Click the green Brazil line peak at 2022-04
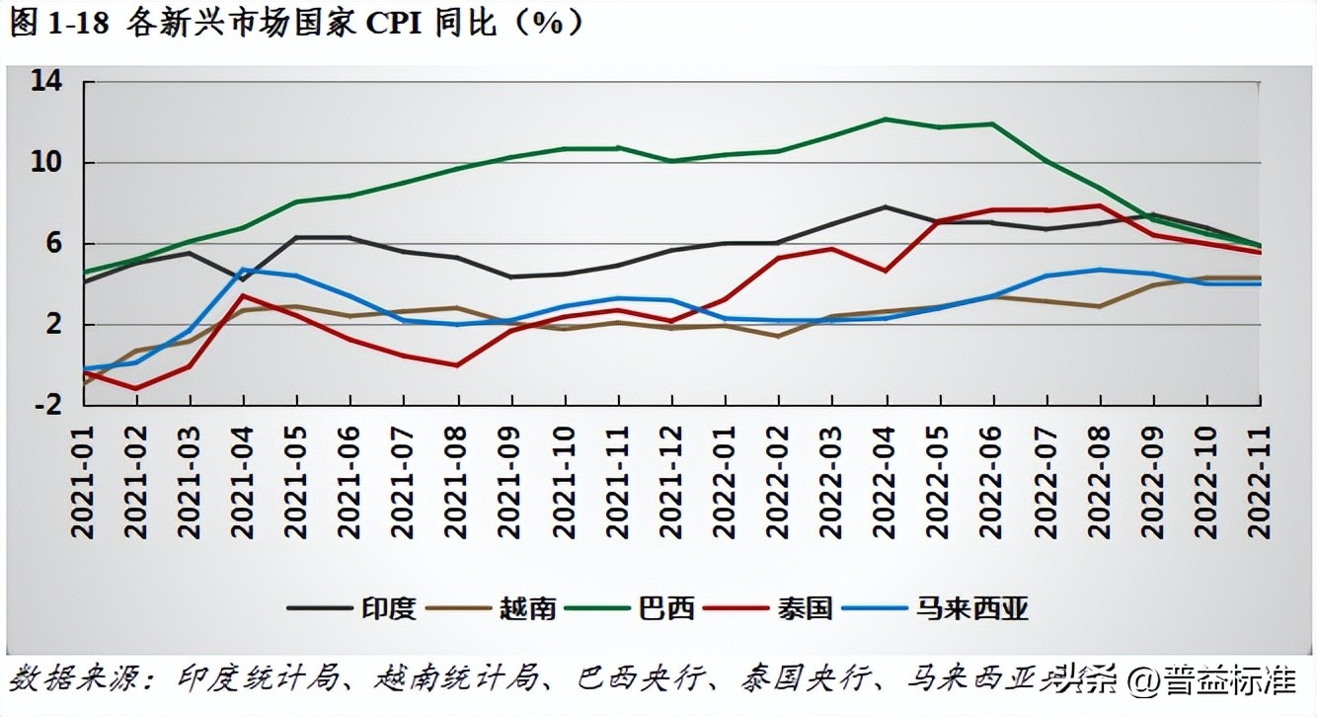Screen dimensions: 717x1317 point(886,119)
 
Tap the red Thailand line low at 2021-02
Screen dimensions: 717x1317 point(135,388)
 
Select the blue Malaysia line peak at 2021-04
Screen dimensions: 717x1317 point(243,269)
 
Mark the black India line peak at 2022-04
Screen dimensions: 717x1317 point(886,206)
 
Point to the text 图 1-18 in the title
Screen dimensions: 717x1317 point(61,24)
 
